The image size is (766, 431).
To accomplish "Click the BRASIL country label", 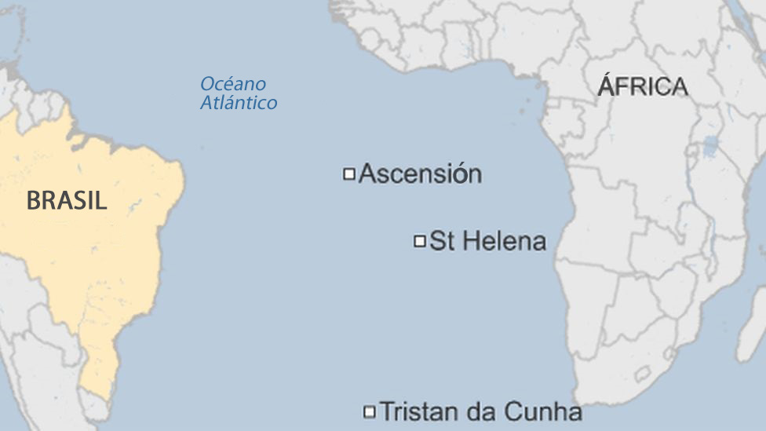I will [67, 201].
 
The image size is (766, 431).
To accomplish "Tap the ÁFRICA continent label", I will [643, 86].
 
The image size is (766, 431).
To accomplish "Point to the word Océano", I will [233, 84].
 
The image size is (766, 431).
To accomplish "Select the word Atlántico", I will [239, 103].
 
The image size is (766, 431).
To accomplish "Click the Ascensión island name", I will [420, 173].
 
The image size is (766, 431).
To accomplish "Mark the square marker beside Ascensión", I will [349, 173].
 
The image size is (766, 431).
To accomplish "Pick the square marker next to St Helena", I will [420, 241].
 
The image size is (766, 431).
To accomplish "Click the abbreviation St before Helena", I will [442, 241].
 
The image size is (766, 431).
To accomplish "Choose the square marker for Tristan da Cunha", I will [369, 411].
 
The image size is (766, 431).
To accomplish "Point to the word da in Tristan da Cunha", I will [477, 411].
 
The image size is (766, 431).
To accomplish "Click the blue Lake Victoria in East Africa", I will [710, 147].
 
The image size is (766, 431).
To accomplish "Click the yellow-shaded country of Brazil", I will [94, 259].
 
